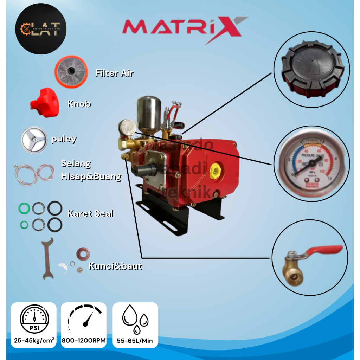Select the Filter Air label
coord(114,73)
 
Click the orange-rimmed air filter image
coord(73,72)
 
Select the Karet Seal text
coord(90,213)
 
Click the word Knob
coord(79,104)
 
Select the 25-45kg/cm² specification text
coord(34,340)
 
